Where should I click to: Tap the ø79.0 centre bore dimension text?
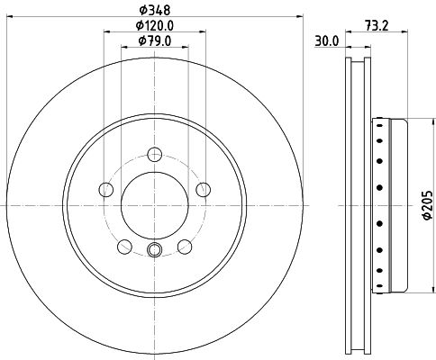click(152, 40)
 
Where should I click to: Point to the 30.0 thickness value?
click(325, 40)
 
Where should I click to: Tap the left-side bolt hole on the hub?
click(105, 189)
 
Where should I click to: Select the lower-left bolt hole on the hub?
click(123, 247)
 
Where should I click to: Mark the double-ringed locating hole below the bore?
click(153, 253)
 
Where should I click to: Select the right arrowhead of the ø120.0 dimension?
click(200, 32)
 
